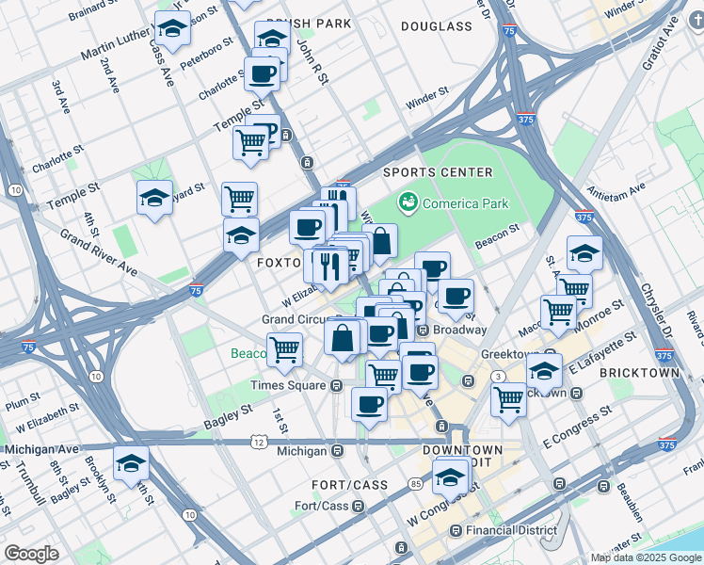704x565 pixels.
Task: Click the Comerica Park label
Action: [465, 203]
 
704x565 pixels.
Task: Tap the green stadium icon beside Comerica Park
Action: [408, 202]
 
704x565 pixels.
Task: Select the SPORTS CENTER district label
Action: [438, 172]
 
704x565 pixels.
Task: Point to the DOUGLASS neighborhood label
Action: [436, 26]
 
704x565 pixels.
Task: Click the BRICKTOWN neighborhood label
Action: [644, 373]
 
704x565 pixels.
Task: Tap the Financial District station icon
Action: [456, 531]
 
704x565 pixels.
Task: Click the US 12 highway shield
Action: [259, 442]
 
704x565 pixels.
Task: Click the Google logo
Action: [32, 554]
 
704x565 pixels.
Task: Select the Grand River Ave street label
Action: [99, 251]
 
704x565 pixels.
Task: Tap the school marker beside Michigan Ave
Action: [131, 462]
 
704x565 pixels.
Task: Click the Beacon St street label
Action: [497, 235]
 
